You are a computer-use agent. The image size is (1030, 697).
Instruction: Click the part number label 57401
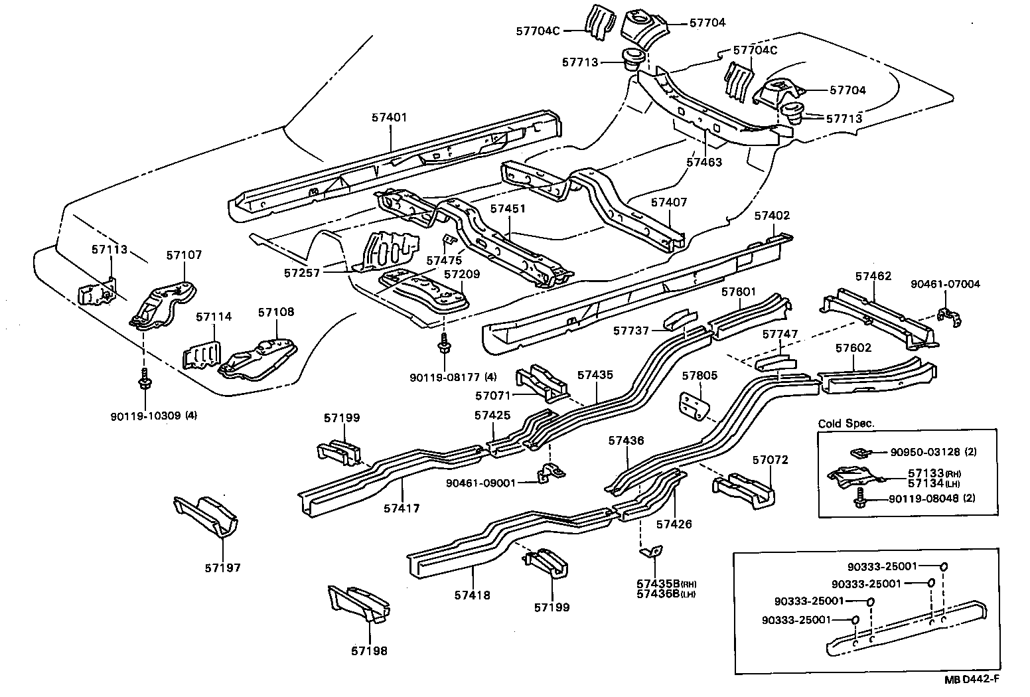tap(390, 117)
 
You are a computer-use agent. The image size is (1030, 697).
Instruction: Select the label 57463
tap(704, 162)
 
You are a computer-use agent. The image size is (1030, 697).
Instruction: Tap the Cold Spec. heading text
tap(846, 424)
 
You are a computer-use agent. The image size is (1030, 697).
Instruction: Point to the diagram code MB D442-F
tap(972, 678)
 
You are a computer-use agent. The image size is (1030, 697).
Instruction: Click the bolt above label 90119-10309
tap(143, 381)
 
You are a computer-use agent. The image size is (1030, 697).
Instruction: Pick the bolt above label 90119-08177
tap(442, 344)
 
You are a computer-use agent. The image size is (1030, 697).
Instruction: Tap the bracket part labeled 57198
tap(359, 605)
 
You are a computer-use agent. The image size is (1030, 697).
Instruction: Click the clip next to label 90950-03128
tap(859, 453)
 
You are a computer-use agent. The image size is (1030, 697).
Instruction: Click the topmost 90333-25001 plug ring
tap(943, 567)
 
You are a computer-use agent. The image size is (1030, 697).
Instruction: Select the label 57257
tap(303, 273)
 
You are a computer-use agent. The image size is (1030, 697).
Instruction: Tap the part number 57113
tap(109, 249)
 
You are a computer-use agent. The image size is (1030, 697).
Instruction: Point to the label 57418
tap(473, 595)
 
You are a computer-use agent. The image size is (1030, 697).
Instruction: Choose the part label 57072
tap(770, 459)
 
